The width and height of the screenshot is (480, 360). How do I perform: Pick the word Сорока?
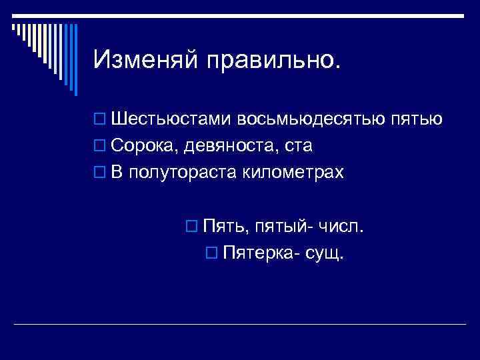point(145,146)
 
